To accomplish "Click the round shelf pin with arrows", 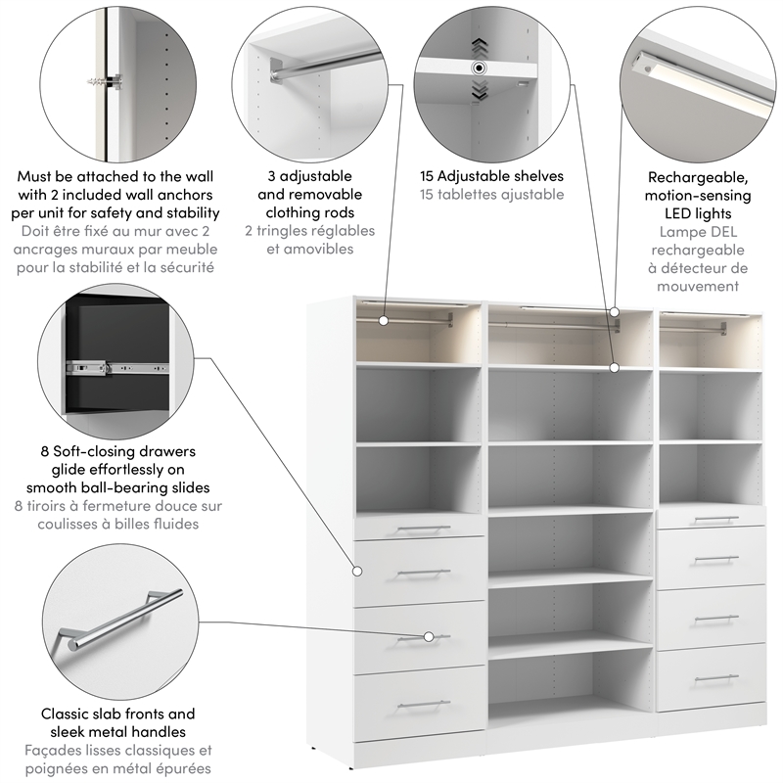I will click(x=479, y=69).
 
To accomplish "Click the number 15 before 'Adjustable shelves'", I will click(x=429, y=176).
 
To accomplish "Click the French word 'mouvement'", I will click(x=699, y=286).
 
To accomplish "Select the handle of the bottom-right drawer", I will click(x=715, y=677).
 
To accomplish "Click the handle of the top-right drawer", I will click(x=715, y=519).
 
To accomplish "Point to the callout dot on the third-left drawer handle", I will click(x=428, y=637).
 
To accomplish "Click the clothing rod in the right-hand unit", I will click(x=707, y=328).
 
